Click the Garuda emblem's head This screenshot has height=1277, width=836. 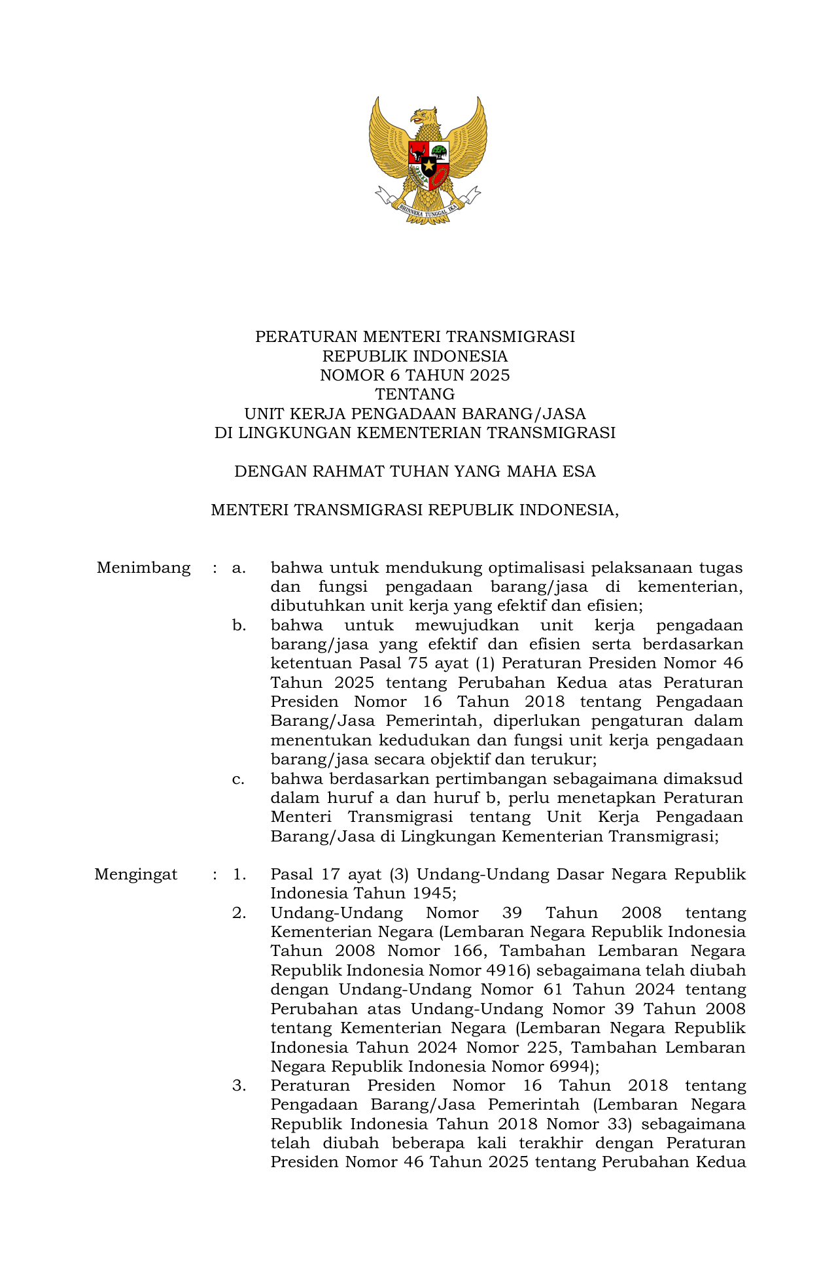424,118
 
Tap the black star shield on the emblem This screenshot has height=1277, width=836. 428,165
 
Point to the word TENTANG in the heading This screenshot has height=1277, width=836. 415,394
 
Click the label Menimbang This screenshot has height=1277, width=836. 143,568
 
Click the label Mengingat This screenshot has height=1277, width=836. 136,874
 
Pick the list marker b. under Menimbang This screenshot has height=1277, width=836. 239,625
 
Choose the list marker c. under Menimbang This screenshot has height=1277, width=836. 239,779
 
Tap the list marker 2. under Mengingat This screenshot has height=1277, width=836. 239,913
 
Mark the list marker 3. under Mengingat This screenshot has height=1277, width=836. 239,1085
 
